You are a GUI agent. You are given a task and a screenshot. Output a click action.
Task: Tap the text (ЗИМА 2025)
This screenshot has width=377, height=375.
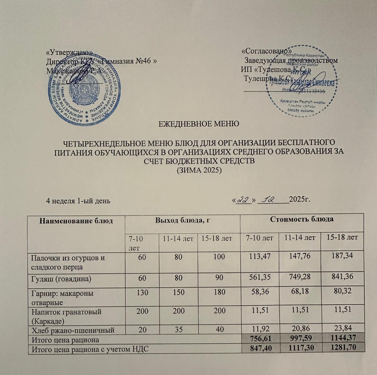tap(199, 170)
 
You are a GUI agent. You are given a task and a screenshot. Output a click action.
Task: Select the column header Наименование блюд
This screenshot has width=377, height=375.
tap(76, 221)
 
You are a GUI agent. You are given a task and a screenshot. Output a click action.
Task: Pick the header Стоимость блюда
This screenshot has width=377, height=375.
tap(302, 219)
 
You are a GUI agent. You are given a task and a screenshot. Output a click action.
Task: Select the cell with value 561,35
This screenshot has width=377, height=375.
tap(259, 278)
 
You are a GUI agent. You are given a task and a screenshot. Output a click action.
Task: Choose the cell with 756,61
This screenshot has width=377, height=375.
tap(260, 339)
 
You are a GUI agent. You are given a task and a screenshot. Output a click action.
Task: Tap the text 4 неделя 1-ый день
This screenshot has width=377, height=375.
tap(78, 201)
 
